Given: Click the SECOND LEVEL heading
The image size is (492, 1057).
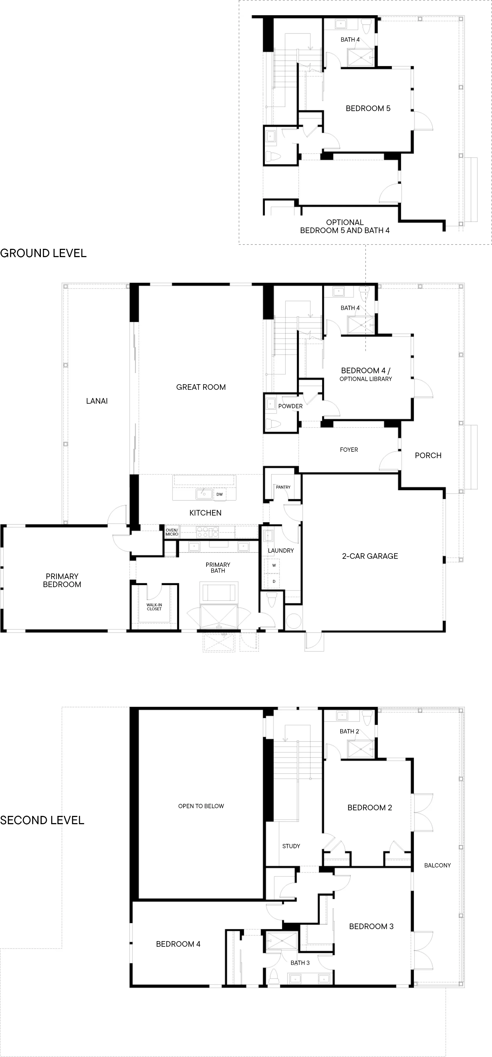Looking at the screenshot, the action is click(42, 820).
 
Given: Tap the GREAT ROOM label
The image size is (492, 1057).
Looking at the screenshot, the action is click(201, 387).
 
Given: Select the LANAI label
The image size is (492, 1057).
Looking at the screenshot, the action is click(97, 401).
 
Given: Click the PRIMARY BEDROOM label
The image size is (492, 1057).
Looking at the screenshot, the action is click(62, 580).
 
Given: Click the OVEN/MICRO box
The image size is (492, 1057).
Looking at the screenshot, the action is click(172, 532).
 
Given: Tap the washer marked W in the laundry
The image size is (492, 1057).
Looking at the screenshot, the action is click(274, 565).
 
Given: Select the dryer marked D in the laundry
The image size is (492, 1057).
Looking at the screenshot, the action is click(274, 581).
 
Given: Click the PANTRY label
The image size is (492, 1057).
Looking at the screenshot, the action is click(283, 487).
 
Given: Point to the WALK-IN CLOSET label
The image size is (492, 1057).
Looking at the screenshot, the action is click(154, 607).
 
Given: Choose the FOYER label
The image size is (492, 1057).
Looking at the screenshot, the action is click(349, 450).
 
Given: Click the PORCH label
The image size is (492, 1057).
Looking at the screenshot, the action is click(428, 455).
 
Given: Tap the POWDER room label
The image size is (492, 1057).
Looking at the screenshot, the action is click(291, 406).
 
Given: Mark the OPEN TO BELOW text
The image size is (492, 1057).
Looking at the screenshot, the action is click(201, 806).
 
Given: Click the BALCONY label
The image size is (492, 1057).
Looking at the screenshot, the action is click(438, 865).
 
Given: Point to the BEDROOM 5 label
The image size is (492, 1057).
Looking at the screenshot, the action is click(368, 108).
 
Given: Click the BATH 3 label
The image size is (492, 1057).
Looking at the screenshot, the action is click(300, 963).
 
